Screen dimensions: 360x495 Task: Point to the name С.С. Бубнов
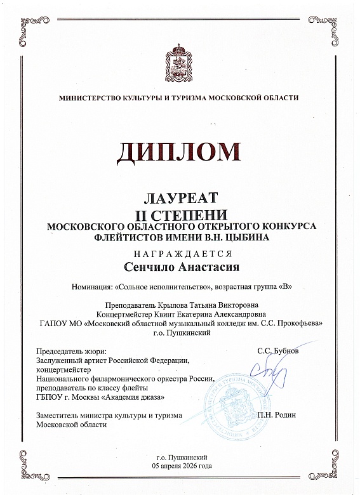coord(277,350)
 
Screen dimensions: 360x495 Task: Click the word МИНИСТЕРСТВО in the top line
coord(89,98)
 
